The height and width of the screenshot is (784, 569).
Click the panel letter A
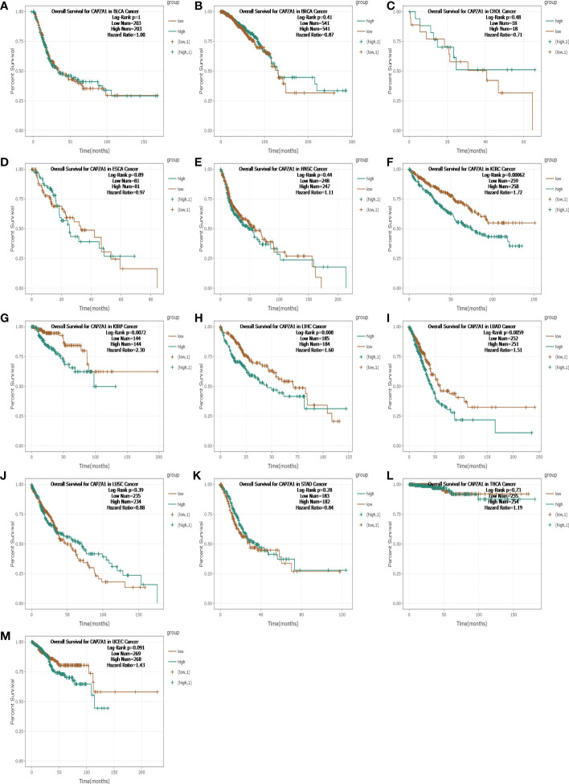(5, 7)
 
